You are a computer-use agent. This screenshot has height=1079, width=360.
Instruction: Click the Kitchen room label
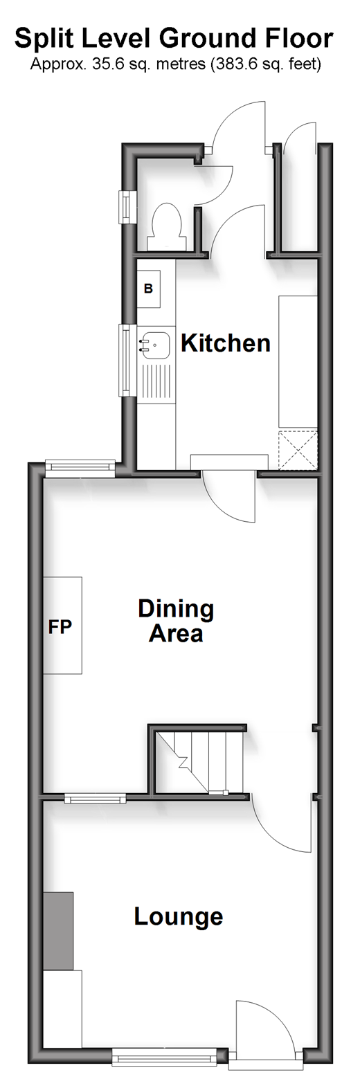pyautogui.click(x=225, y=343)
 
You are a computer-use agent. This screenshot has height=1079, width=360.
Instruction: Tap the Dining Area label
pyautogui.click(x=176, y=621)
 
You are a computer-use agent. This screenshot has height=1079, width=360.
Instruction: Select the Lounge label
pyautogui.click(x=179, y=916)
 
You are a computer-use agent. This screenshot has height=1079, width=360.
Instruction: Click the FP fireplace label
pyautogui.click(x=60, y=626)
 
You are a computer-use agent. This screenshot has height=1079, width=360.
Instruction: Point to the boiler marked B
pyautogui.click(x=148, y=289)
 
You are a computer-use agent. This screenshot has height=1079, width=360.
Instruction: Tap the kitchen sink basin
pyautogui.click(x=154, y=345)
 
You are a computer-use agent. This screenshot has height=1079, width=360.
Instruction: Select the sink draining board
pyautogui.click(x=154, y=382)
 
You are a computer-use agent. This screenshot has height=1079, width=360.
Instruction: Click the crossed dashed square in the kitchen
pyautogui.click(x=298, y=450)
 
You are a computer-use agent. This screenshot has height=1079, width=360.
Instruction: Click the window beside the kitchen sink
pyautogui.click(x=126, y=360)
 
